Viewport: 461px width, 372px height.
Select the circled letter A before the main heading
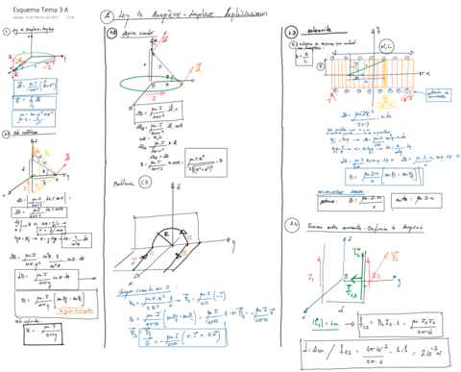pyautogui.click(x=106, y=15)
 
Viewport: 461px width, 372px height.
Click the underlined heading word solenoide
pyautogui.click(x=322, y=31)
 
